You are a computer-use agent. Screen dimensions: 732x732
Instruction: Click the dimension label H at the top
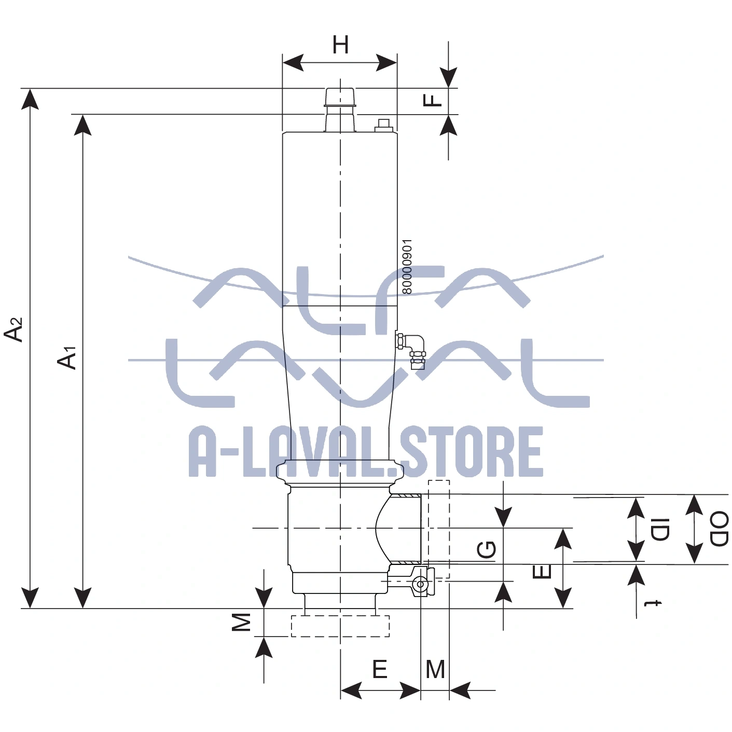340,45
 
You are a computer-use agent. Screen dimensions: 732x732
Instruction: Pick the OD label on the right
719,529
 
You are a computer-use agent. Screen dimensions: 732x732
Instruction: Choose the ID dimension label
660,529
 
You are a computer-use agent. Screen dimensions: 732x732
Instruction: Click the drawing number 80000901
407,266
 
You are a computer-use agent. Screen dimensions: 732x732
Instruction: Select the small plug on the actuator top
384,125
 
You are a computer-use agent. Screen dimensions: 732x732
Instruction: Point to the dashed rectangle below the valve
340,626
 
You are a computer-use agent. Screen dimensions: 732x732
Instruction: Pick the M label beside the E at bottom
435,670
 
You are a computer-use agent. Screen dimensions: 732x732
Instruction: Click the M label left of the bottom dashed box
241,621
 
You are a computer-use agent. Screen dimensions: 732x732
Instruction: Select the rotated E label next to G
542,572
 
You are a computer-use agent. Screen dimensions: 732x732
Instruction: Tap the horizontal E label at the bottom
380,670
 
